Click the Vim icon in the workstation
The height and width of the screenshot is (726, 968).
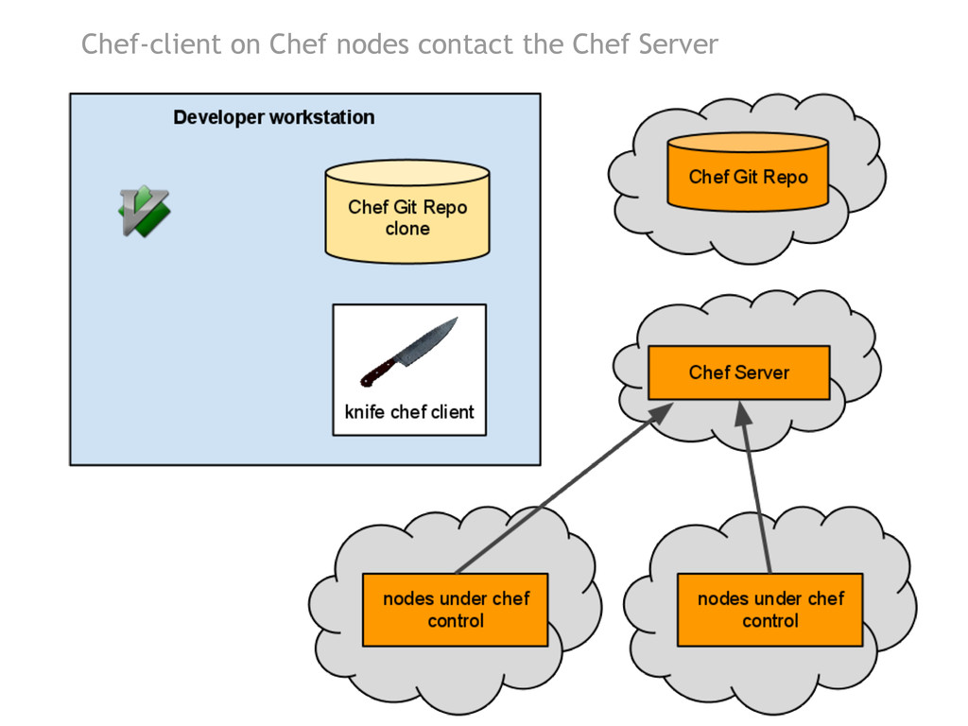[x=144, y=211]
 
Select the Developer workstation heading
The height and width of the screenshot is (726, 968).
[x=274, y=118]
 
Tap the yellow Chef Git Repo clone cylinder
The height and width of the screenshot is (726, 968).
[x=407, y=213]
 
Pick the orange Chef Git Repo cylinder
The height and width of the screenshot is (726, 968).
[x=748, y=172]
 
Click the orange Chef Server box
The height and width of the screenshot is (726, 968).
[x=738, y=372]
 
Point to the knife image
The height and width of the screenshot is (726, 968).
[x=408, y=353]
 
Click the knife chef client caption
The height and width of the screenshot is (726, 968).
[x=409, y=412]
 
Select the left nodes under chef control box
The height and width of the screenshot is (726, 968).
[x=456, y=610]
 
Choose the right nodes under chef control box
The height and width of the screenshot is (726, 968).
[x=769, y=610]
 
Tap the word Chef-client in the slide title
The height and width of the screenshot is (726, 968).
[x=150, y=44]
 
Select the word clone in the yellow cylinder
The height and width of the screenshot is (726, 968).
[x=407, y=230]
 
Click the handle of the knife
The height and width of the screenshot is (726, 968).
[x=380, y=372]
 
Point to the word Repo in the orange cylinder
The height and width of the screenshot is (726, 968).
[x=786, y=177]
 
